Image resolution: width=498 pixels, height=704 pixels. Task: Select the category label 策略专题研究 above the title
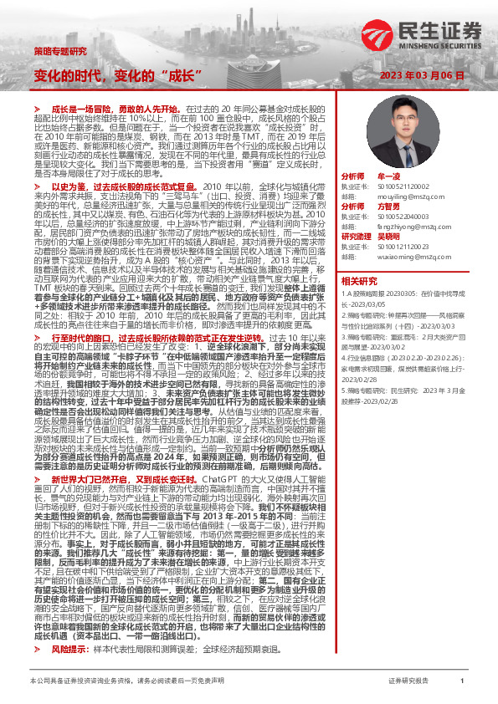pyautogui.click(x=60, y=51)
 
